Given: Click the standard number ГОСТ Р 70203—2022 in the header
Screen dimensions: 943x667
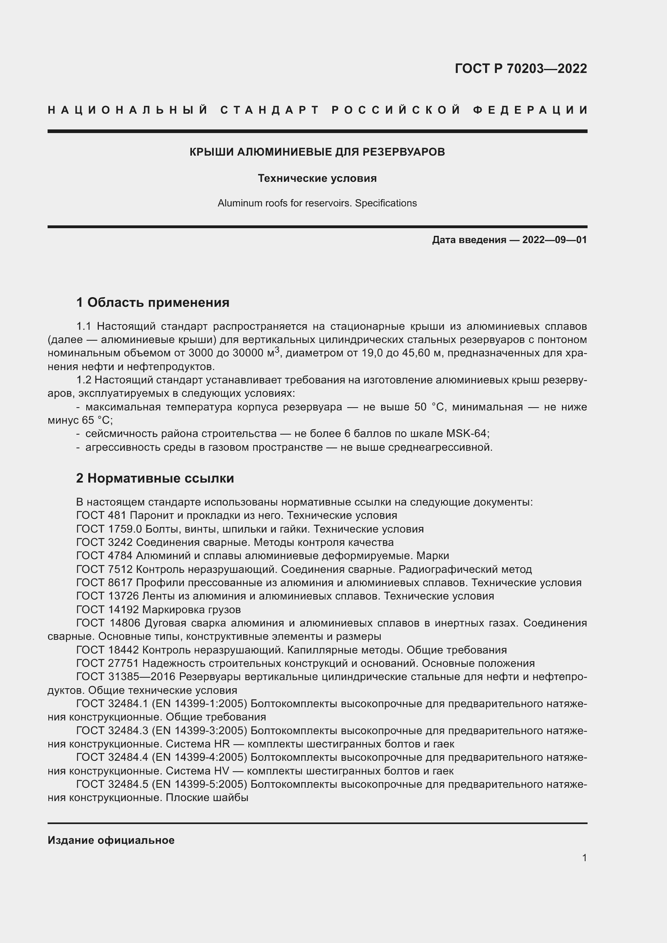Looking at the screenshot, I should tap(520, 69).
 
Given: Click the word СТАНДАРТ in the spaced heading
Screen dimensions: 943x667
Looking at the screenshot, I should tap(270, 110).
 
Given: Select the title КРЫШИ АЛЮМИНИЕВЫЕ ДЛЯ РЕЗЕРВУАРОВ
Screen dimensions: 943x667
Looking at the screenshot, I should tap(317, 152).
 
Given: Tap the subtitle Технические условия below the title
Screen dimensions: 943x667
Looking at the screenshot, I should tap(317, 178).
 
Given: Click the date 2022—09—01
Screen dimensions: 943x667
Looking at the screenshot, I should tap(554, 240).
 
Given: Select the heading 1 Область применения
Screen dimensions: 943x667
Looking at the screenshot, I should tap(153, 303).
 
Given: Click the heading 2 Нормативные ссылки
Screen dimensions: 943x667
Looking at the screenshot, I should tap(155, 478).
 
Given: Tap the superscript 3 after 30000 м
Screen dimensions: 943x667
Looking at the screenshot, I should tap(277, 350).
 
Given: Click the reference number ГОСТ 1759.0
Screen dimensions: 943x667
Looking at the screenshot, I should tap(109, 529).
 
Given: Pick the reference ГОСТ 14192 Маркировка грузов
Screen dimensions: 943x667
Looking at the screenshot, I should tap(158, 610).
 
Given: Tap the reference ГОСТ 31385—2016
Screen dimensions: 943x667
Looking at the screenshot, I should tap(126, 677).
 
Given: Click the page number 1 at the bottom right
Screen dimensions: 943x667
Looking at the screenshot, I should tap(584, 858).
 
